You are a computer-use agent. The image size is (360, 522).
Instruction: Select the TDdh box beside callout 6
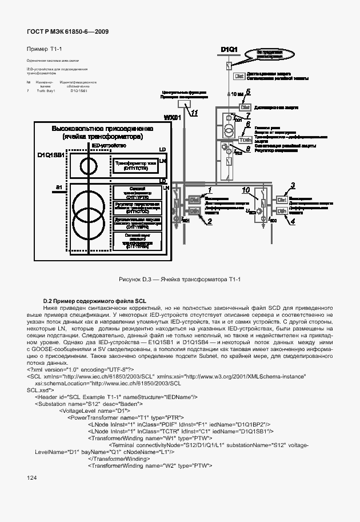245,140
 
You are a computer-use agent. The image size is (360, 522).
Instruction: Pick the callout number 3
293,185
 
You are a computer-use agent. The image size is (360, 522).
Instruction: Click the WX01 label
173,117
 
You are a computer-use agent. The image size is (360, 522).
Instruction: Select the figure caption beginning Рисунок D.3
180,279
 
